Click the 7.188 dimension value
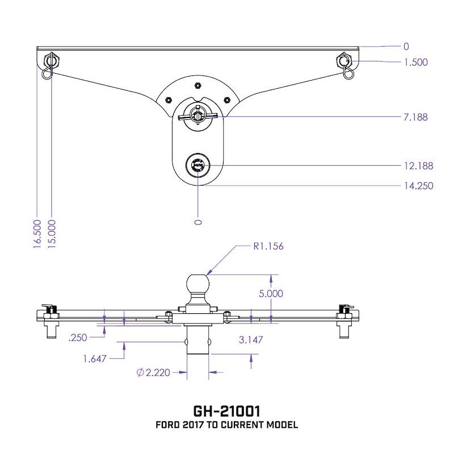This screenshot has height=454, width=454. [417, 117]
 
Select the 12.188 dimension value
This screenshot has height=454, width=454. [419, 166]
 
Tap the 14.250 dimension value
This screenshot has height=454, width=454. [419, 186]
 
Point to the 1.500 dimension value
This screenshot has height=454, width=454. [415, 62]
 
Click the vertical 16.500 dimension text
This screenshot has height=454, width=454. [37, 233]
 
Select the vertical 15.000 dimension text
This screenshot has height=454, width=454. [52, 233]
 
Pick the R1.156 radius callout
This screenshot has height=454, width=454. [268, 246]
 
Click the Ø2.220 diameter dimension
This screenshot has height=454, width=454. [153, 373]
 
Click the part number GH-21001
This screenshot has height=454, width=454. [227, 410]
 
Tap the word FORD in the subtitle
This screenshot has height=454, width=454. [167, 425]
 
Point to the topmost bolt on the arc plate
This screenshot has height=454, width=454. [196, 85]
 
